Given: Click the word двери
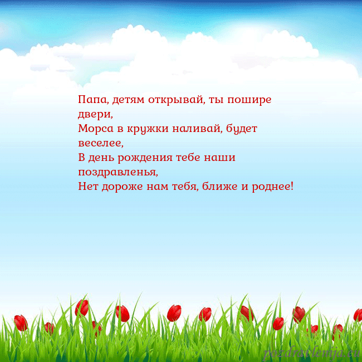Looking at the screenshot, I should tap(95, 115).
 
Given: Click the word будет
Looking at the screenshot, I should tap(241, 129).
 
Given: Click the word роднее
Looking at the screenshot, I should tap(271, 187).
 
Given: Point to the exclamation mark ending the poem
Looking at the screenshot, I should tap(291, 185).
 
